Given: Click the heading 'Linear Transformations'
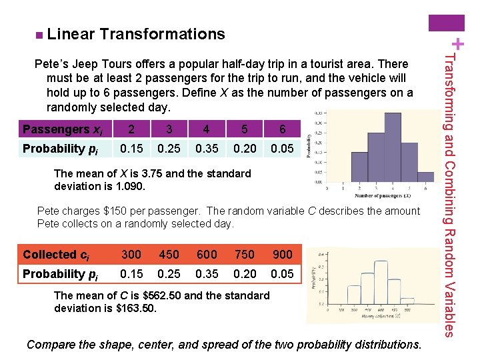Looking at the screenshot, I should [136, 33].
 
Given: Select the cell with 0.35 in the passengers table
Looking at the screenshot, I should [207, 149].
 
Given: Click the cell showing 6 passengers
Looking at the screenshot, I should [282, 129].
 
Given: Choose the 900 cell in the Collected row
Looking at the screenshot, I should [282, 255].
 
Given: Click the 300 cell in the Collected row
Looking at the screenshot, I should [131, 255].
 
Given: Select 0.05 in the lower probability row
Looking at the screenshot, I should [282, 274].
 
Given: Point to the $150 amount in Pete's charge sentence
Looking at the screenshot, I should [109, 211].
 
